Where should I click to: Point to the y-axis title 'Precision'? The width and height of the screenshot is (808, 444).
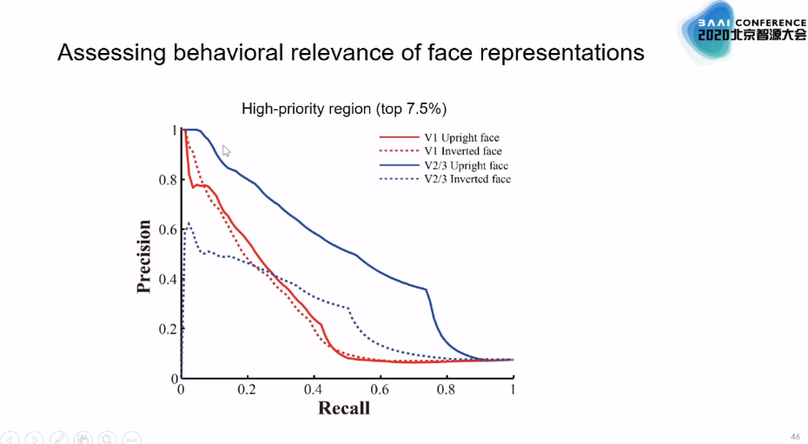144,256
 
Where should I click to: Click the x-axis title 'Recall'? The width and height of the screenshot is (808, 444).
344,408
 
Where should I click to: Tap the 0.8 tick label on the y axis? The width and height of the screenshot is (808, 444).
166,181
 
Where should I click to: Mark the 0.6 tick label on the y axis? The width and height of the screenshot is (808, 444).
166,230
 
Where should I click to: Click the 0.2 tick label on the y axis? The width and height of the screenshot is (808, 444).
166,329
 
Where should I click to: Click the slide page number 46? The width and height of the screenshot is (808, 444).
794,436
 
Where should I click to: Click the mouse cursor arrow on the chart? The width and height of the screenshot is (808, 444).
226,150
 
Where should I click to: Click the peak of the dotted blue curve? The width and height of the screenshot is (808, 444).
189,223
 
